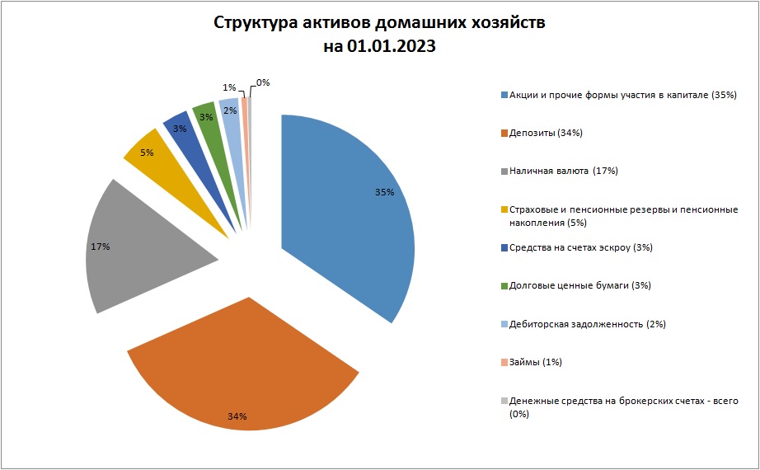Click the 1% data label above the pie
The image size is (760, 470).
tap(229, 87)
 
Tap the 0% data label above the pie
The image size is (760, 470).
tap(263, 82)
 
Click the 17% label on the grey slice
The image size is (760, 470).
tap(101, 247)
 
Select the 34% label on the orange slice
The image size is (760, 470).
tap(237, 416)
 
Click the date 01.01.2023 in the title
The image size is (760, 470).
tap(392, 46)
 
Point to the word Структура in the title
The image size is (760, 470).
tap(256, 23)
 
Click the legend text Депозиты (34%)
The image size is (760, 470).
tap(546, 133)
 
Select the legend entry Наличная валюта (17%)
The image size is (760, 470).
tap(564, 171)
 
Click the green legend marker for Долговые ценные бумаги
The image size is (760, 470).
tap(504, 286)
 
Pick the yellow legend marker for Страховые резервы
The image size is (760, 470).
tap(504, 209)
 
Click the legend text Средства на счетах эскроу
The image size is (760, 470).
tap(570, 247)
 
